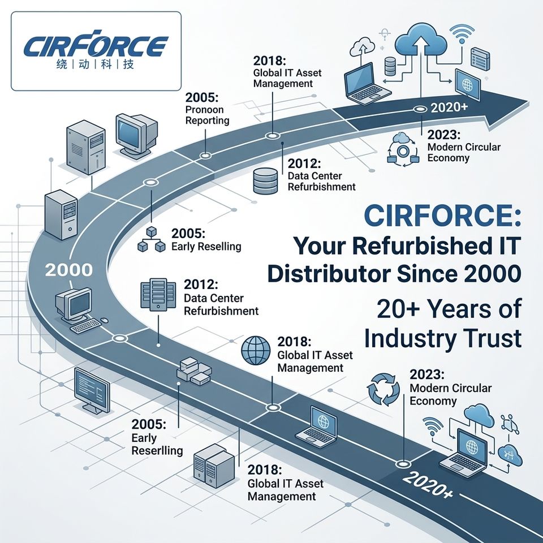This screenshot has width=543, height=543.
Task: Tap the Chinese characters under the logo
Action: [x=95, y=64]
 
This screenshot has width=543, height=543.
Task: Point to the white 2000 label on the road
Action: [x=69, y=270]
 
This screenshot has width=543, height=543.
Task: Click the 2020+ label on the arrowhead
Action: [x=449, y=107]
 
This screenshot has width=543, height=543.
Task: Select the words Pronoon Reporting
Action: [x=207, y=115]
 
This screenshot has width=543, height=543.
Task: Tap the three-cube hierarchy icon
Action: [x=152, y=240]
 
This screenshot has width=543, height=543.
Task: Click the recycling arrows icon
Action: [x=383, y=389]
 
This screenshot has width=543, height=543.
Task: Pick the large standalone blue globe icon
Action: [x=256, y=350]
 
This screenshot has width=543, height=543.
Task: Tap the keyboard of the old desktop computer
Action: [x=85, y=326]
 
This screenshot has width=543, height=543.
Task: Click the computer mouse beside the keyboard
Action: [x=104, y=320]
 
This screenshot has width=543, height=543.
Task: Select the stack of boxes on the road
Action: [x=193, y=372]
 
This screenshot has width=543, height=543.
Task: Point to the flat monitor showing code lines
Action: [x=92, y=390]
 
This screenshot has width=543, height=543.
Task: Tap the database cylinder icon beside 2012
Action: [x=265, y=181]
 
